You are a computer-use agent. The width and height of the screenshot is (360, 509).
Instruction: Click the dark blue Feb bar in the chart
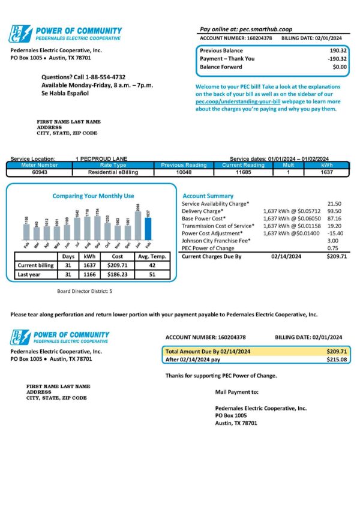click(x=148, y=229)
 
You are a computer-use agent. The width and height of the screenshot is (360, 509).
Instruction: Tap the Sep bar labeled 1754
click(x=97, y=229)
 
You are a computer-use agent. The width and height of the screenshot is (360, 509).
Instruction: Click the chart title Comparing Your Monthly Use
click(x=93, y=196)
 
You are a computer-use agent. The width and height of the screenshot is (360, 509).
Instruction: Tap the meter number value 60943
click(x=40, y=172)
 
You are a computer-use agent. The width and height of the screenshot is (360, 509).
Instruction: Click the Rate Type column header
click(x=113, y=165)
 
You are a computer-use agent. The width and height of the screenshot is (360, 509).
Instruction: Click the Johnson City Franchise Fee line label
click(x=216, y=240)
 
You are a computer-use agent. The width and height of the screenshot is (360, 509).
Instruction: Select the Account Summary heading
click(x=208, y=196)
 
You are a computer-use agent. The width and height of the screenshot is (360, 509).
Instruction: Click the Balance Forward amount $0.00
click(x=340, y=67)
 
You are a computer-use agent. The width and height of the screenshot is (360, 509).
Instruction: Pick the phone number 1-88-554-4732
click(x=103, y=77)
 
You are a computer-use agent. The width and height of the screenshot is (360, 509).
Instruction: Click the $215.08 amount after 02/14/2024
click(x=337, y=360)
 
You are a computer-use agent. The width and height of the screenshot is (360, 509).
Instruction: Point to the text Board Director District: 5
click(x=84, y=291)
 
